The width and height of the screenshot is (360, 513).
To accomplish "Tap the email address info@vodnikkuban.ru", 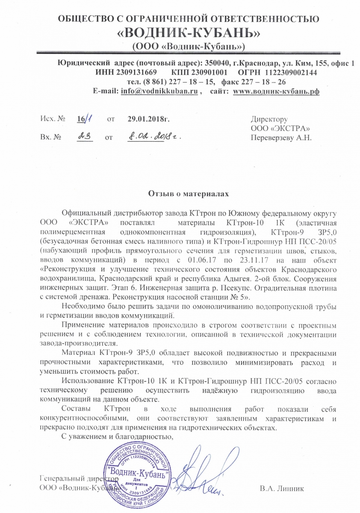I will (x=159, y=91).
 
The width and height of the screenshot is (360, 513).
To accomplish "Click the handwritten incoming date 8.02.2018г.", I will (x=154, y=137).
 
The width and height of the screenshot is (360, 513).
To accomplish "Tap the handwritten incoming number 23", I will (x=84, y=137).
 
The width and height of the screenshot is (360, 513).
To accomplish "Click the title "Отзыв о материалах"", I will (x=189, y=194).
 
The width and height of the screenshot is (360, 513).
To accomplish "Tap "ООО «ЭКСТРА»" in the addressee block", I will (x=280, y=128).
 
